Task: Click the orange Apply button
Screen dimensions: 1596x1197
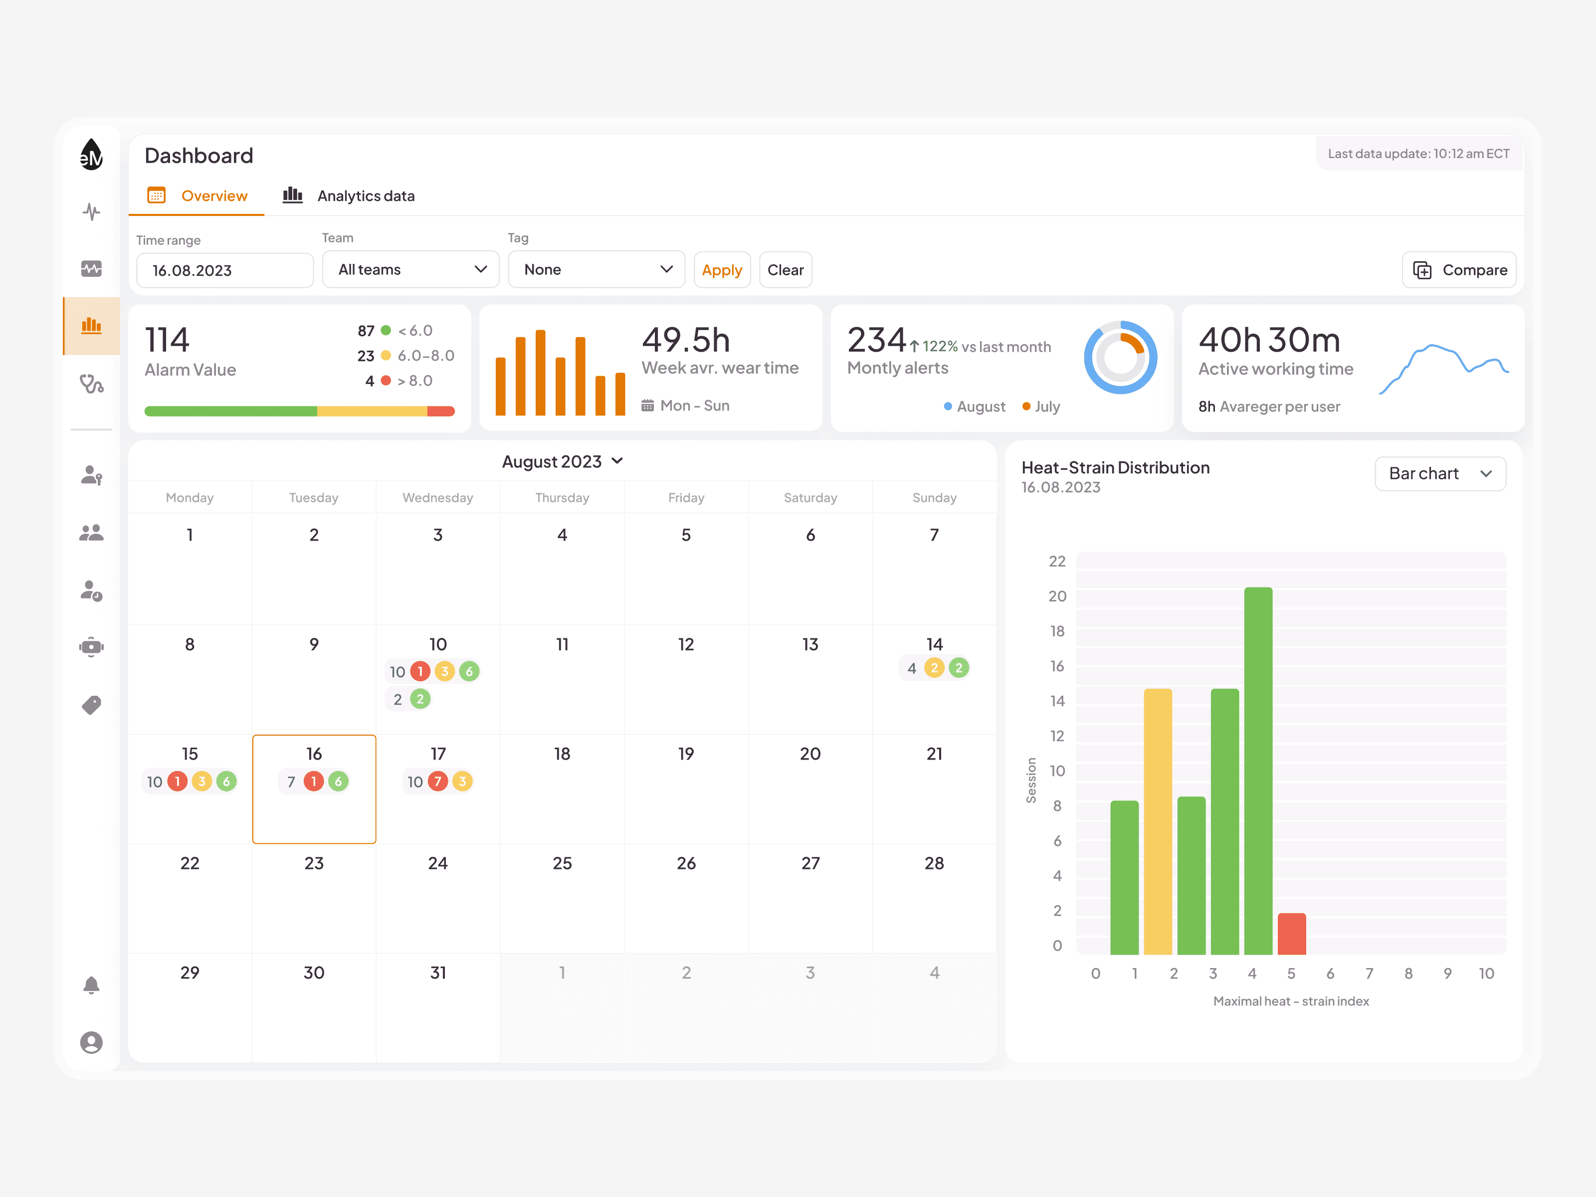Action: point(722,270)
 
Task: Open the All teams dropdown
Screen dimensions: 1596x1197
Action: point(410,269)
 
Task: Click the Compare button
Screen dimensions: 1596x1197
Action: point(1459,270)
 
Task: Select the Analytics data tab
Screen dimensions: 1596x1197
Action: point(349,196)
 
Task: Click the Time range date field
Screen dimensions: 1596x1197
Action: point(224,270)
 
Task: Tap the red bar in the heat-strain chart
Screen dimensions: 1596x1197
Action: point(1292,934)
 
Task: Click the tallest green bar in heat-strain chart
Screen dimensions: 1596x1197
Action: point(1258,771)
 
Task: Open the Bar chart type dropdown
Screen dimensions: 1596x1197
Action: point(1440,473)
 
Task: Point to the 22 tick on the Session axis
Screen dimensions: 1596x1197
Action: point(1057,561)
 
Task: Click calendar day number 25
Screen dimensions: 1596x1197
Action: point(562,863)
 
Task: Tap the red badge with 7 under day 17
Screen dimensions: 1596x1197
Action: point(437,782)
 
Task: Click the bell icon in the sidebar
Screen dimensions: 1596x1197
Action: point(91,986)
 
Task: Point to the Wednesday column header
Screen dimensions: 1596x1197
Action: point(437,498)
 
